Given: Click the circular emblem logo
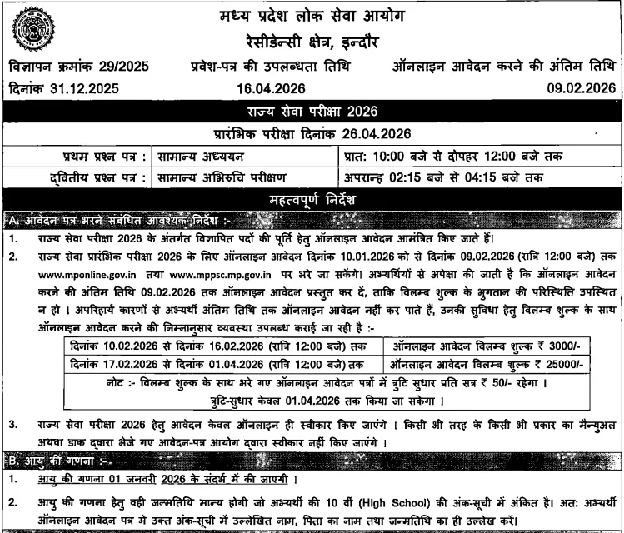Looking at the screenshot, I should click(x=33, y=29).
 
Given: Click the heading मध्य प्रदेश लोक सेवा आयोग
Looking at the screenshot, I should click(x=311, y=15).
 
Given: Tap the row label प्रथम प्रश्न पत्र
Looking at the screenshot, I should click(x=92, y=156).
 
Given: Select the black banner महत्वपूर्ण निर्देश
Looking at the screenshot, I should click(x=312, y=198).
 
